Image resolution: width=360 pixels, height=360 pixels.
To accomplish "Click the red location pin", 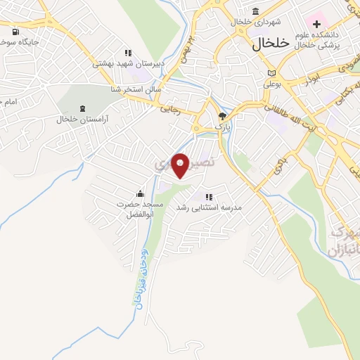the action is point(180,165).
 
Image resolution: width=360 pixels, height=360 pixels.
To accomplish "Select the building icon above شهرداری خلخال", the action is point(255,11).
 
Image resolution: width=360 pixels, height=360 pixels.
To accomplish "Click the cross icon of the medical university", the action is point(316,24).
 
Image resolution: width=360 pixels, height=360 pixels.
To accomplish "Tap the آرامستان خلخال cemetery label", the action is point(84,119).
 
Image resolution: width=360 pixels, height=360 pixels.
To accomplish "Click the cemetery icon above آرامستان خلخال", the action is point(84,108).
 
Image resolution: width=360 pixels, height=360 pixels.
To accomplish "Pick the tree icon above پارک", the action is point(222,116).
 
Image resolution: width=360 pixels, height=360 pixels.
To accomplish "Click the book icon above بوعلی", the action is point(272,72).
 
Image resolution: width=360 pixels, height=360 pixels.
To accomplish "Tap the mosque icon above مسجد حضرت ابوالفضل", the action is point(139,193).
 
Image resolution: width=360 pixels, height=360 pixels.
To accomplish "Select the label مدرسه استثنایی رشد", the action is point(208,207).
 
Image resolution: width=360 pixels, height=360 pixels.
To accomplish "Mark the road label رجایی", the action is point(171,109).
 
